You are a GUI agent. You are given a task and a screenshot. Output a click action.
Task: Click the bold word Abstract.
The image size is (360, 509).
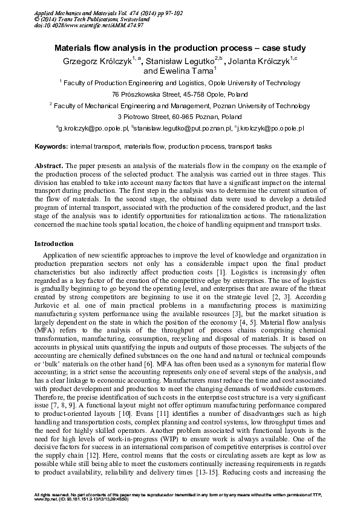click(48, 166)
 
